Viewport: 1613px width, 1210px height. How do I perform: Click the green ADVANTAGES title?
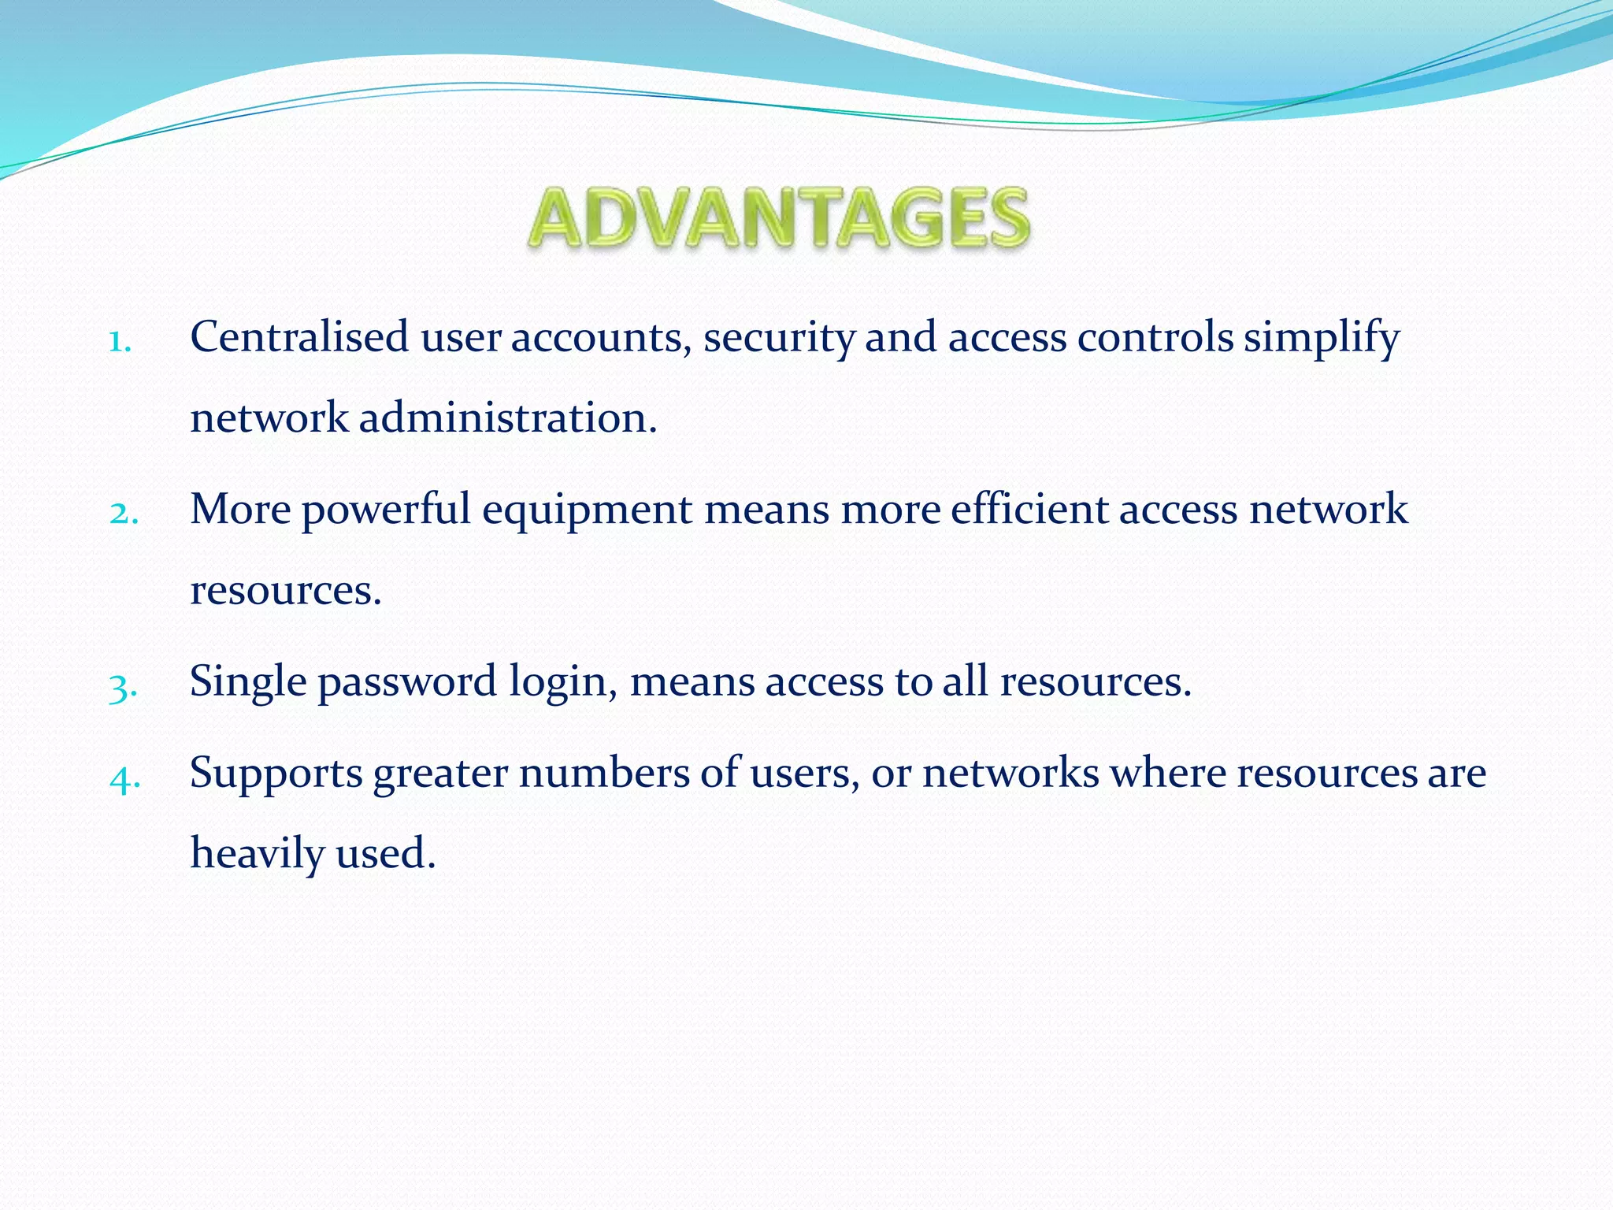pyautogui.click(x=779, y=217)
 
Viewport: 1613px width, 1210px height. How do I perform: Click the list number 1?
pyautogui.click(x=120, y=342)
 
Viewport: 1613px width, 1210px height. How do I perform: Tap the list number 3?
pyautogui.click(x=123, y=686)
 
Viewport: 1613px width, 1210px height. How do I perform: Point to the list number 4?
pyautogui.click(x=124, y=778)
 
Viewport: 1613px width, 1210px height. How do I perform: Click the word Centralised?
pyautogui.click(x=299, y=337)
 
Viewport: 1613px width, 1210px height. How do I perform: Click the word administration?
pyautogui.click(x=507, y=418)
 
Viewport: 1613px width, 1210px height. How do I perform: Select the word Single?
pyautogui.click(x=247, y=682)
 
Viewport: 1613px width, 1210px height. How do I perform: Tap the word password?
pyautogui.click(x=406, y=682)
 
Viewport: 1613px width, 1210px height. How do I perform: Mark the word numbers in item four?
pyautogui.click(x=603, y=773)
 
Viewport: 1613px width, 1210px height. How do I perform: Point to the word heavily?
pyautogui.click(x=257, y=853)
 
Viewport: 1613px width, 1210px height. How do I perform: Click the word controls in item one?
pyautogui.click(x=1155, y=337)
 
